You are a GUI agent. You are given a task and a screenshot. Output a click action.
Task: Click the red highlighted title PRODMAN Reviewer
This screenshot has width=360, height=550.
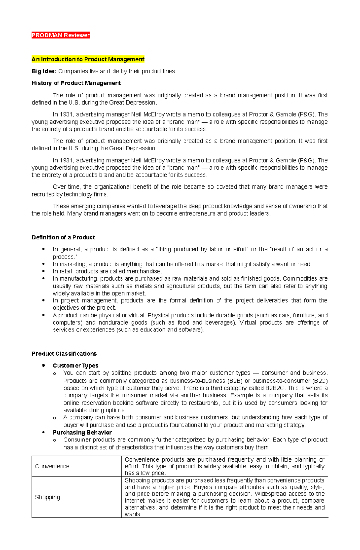click(61, 35)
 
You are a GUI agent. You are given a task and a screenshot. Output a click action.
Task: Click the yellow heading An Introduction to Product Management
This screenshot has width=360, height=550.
click(88, 59)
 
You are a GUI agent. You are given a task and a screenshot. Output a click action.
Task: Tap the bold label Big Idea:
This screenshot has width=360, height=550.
click(44, 71)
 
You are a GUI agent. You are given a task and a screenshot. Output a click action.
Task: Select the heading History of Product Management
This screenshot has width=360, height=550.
click(76, 83)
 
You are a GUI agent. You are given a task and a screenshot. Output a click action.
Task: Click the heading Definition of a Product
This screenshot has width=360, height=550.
click(63, 237)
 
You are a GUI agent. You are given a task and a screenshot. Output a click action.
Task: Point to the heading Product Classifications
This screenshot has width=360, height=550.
click(64, 354)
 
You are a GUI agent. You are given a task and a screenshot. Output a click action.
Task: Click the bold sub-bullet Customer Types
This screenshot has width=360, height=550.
click(76, 366)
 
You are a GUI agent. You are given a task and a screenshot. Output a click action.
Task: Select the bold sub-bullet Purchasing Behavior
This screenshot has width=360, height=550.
click(82, 433)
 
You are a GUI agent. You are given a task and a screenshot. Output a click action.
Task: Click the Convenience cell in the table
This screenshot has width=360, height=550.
click(52, 466)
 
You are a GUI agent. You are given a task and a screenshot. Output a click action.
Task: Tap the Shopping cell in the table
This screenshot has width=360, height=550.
click(47, 497)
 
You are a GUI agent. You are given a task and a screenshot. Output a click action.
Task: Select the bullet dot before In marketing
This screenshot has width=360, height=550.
click(44, 264)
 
